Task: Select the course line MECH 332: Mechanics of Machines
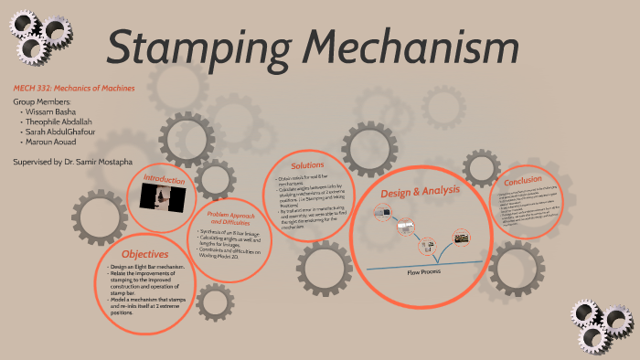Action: point(74,88)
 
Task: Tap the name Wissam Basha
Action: point(51,111)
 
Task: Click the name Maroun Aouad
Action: point(53,142)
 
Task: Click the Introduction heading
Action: point(165,180)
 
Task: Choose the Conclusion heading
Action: point(522,179)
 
